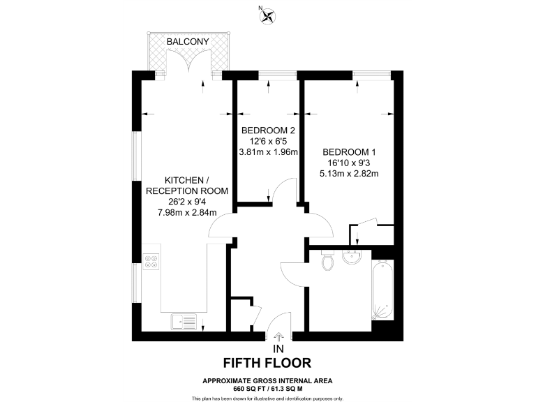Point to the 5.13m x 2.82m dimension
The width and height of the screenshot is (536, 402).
point(348,174)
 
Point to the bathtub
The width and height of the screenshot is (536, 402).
point(383,289)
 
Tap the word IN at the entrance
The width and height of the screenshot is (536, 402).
point(278,348)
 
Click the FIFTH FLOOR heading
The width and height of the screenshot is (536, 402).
point(267,363)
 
